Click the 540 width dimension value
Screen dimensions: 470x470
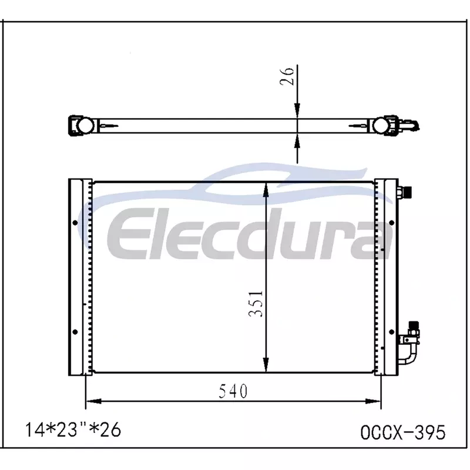233,391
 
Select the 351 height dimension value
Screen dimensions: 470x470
256,303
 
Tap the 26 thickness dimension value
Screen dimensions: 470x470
287,76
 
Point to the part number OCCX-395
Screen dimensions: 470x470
403,432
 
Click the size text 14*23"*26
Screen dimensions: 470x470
73,429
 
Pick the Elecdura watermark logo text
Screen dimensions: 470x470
249,233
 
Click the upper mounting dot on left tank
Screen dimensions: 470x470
75,223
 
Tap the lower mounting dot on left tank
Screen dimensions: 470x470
75,332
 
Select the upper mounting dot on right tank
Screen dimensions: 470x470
391,223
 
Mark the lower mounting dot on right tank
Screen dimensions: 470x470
391,332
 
